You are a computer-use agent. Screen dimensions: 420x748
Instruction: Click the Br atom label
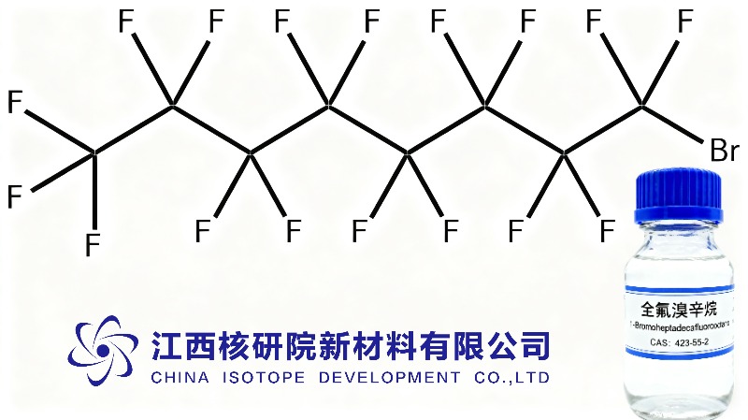pos(724,151)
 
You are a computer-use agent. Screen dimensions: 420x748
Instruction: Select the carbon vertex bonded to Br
pos(643,106)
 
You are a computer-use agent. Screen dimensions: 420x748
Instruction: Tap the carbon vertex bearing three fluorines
pos(93,152)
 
